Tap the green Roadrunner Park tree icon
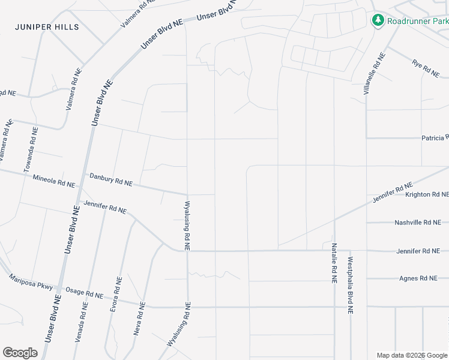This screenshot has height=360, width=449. point(378,21)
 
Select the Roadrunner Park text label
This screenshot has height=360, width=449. point(418,22)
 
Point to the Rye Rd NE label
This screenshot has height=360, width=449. point(426,67)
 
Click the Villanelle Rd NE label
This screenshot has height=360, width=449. point(374,74)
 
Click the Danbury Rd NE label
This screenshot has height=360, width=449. point(110,179)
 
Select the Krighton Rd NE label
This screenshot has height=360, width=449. point(427,194)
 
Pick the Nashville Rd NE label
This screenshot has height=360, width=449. point(418,222)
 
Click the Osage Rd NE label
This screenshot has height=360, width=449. point(85,294)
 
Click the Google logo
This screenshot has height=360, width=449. point(20,353)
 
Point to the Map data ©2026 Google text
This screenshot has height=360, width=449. point(412,355)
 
